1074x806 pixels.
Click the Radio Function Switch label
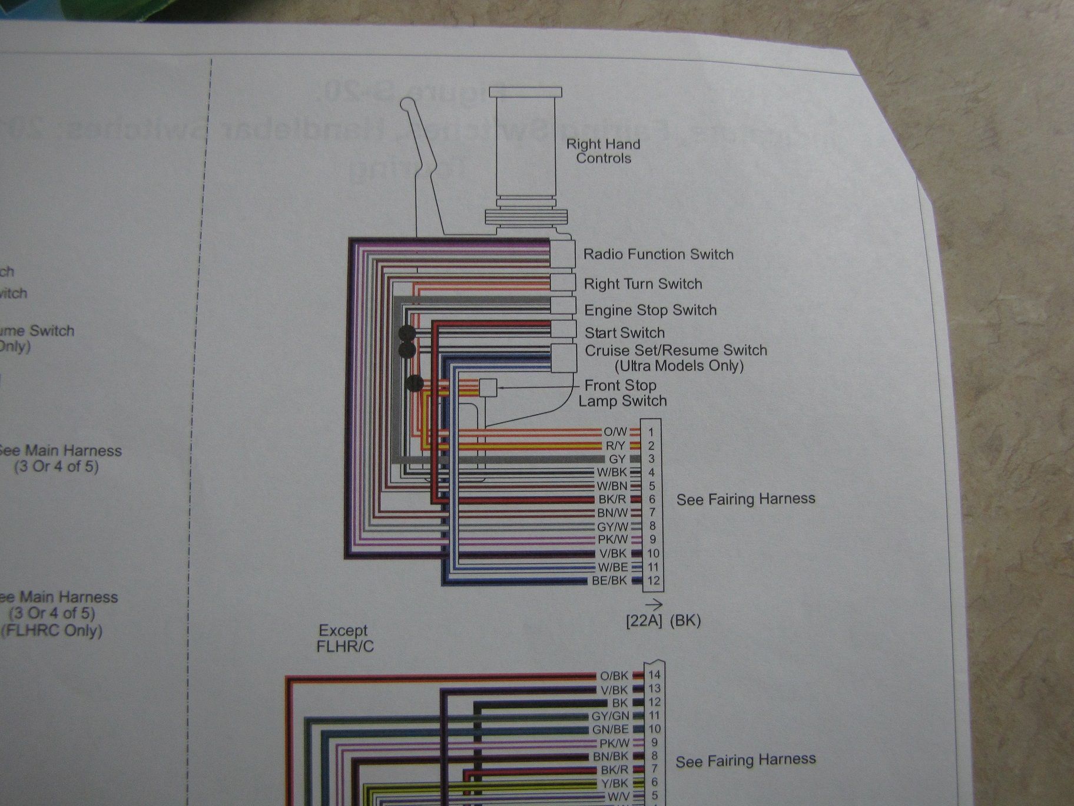tap(658, 255)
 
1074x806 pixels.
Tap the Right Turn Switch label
tap(643, 284)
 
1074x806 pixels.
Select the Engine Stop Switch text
tap(650, 310)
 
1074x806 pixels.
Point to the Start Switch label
tap(624, 333)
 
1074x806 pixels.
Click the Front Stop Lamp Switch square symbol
tap(488, 388)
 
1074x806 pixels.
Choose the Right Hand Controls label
tap(603, 151)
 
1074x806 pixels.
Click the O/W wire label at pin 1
tap(615, 432)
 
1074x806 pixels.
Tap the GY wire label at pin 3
tap(617, 459)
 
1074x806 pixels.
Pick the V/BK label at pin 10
tap(613, 553)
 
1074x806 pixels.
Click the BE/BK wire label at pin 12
tap(609, 580)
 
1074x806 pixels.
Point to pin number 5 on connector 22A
tap(652, 486)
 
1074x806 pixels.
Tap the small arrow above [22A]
tap(654, 604)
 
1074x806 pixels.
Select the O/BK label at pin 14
tap(614, 676)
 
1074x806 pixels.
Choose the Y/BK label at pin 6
tap(614, 783)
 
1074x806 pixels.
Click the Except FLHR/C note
tap(345, 638)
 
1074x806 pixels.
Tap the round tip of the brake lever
tap(406, 104)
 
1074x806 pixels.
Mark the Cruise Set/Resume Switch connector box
tap(563, 358)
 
